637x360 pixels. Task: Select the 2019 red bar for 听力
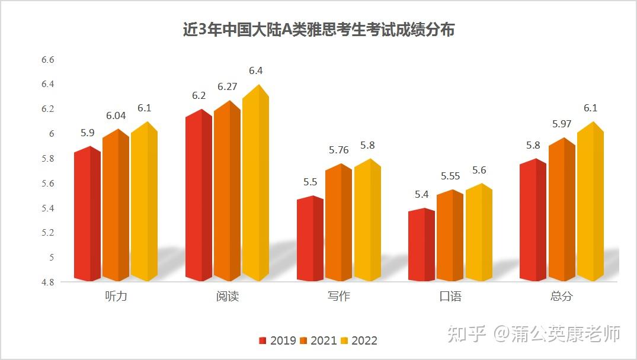coord(87,216)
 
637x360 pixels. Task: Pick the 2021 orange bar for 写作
coord(338,225)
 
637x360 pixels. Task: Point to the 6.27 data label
coord(227,86)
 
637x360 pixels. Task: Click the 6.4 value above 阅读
coord(255,70)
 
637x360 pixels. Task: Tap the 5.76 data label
coord(340,150)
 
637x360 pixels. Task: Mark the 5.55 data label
coord(450,176)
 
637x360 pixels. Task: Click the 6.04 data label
coord(116,115)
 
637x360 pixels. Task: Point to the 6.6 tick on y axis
coord(47,60)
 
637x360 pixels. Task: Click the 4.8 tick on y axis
coord(47,282)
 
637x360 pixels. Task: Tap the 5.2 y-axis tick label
coord(47,233)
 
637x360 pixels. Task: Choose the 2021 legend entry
coord(318,340)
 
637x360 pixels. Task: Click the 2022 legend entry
coord(358,340)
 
